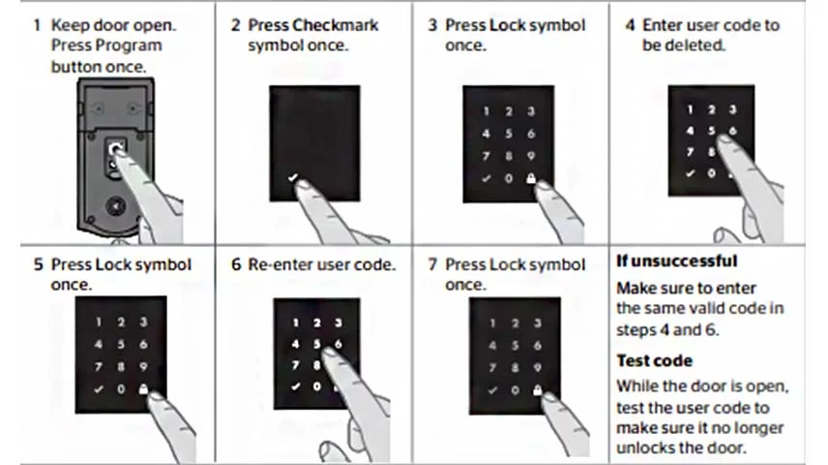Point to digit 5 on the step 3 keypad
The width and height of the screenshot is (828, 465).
pyautogui.click(x=510, y=134)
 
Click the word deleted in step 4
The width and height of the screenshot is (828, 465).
pyautogui.click(x=696, y=46)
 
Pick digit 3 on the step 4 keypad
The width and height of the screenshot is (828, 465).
pyautogui.click(x=732, y=109)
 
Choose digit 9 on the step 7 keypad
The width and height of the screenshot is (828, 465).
pyautogui.click(x=537, y=367)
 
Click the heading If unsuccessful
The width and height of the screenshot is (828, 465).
pyautogui.click(x=676, y=262)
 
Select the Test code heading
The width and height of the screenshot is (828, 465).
pyautogui.click(x=655, y=360)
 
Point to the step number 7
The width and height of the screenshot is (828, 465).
pyautogui.click(x=432, y=264)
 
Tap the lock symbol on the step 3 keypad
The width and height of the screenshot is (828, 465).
pyautogui.click(x=531, y=178)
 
